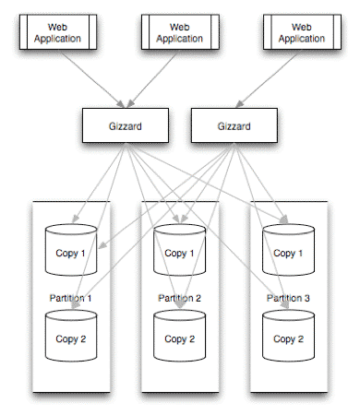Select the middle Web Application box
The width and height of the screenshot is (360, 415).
click(179, 33)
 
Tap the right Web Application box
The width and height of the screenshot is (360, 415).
click(301, 33)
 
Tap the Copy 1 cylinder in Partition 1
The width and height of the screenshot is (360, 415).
click(71, 250)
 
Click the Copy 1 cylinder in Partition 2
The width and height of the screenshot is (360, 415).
click(179, 250)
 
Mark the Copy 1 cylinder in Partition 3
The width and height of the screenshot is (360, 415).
click(288, 250)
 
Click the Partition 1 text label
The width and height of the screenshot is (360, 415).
click(71, 298)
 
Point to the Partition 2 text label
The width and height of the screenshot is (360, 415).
click(179, 298)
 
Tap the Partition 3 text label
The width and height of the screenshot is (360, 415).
click(288, 298)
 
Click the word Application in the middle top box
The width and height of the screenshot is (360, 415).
click(179, 40)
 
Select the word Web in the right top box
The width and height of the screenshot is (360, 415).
click(301, 27)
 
